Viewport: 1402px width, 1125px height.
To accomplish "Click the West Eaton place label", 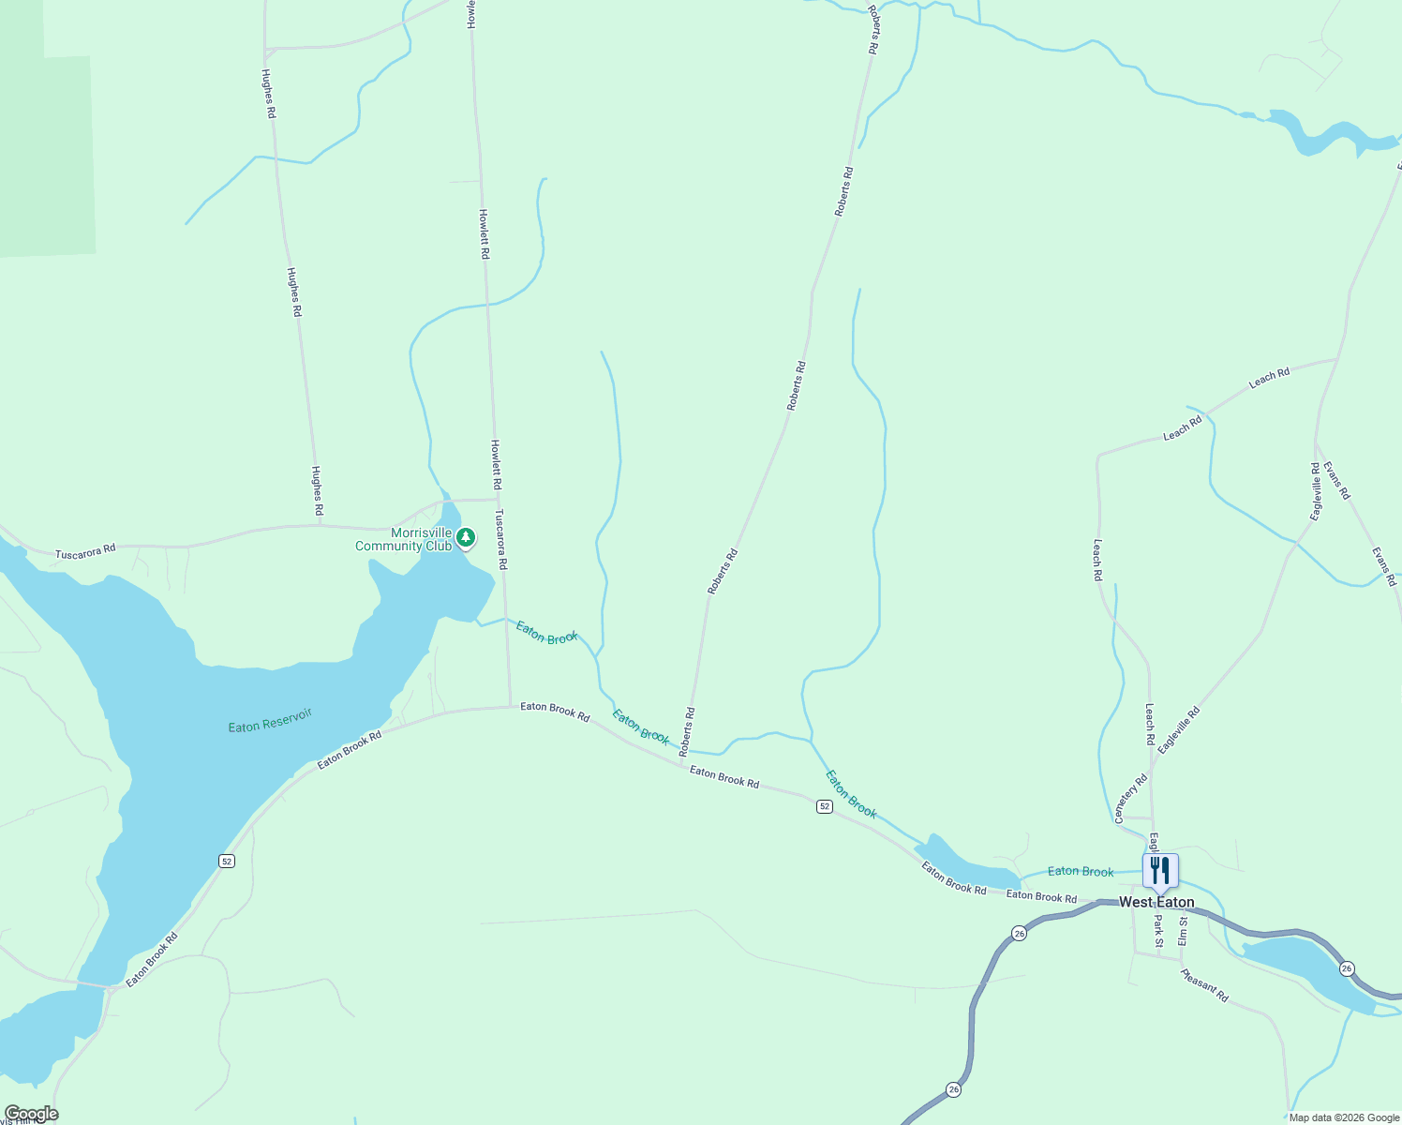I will [1156, 902].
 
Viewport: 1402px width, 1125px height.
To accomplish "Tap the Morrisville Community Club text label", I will [403, 540].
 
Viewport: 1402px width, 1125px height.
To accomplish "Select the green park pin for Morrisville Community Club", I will [465, 538].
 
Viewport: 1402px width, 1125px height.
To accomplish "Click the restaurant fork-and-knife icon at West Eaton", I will [1160, 871].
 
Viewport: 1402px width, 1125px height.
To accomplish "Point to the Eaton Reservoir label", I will [270, 720].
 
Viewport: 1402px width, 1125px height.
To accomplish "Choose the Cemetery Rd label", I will [1131, 799].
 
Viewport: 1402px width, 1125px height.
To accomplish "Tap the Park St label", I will [1158, 932].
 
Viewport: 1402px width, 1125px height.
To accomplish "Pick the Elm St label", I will [1183, 931].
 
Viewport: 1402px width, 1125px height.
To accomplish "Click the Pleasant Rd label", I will [1204, 985].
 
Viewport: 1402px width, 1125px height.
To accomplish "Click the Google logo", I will [31, 1114].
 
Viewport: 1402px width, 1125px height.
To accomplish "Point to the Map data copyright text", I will [1344, 1117].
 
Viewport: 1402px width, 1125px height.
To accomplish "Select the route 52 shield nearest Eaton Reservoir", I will [226, 861].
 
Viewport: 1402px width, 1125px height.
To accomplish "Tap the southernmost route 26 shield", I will [953, 1089].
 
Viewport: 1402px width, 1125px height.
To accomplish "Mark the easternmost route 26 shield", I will [1347, 967].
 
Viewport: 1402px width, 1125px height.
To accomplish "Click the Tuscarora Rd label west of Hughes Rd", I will [85, 552].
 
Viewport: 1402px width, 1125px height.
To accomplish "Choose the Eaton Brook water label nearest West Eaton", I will [1081, 872].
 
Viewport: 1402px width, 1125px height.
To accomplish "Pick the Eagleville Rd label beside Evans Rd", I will [1316, 491].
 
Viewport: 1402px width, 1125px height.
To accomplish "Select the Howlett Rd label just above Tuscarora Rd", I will [497, 465].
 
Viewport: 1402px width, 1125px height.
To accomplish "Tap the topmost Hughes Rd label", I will [269, 94].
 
